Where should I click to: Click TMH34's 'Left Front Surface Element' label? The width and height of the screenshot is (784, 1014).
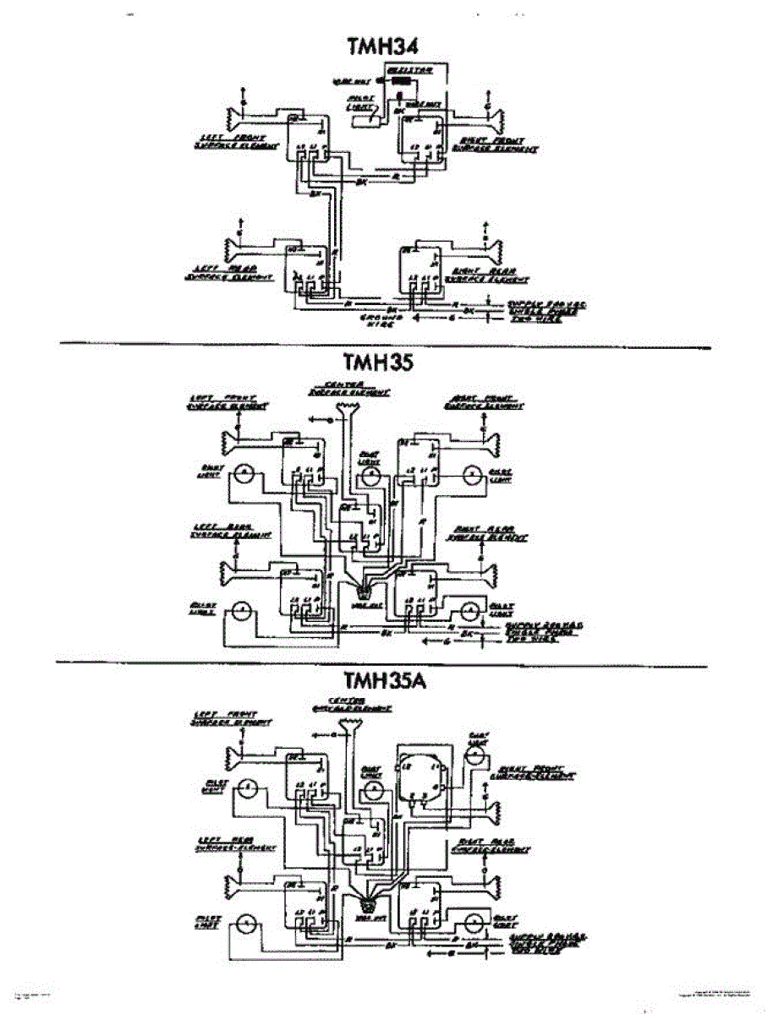tap(228, 141)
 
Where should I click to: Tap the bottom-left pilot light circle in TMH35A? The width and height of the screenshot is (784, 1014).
tap(245, 924)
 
